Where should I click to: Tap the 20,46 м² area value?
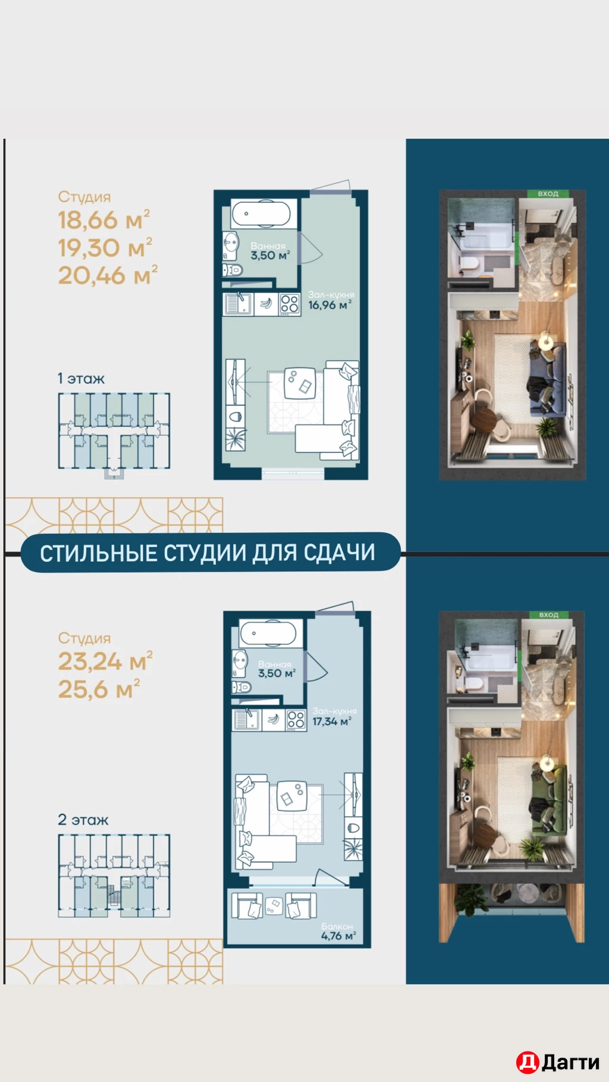pyautogui.click(x=107, y=276)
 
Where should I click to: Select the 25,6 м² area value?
pyautogui.click(x=98, y=690)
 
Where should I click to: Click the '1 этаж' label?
pyautogui.click(x=81, y=379)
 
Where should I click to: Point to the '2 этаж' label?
pyautogui.click(x=83, y=820)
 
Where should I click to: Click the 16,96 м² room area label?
pyautogui.click(x=329, y=305)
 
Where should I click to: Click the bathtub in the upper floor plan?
pyautogui.click(x=261, y=214)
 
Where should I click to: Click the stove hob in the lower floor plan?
pyautogui.click(x=296, y=720)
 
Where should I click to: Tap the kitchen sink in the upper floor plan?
pyautogui.click(x=238, y=304)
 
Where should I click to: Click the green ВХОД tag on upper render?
pyautogui.click(x=548, y=194)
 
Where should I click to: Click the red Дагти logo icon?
pyautogui.click(x=527, y=1062)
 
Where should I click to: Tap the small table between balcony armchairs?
pyautogui.click(x=273, y=905)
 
